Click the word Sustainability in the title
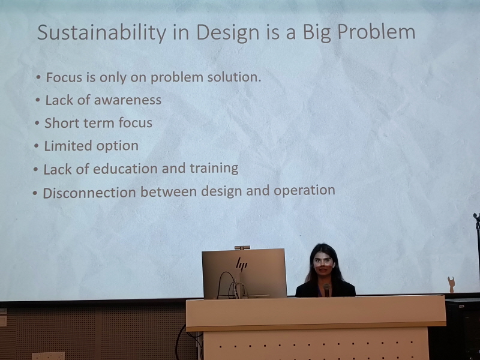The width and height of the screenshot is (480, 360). coord(101,32)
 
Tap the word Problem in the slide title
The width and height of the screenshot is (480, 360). coord(376,32)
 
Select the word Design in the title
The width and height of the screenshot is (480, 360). coord(228,33)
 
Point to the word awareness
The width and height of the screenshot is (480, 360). coord(128,100)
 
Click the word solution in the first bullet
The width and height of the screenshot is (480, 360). coord(234,77)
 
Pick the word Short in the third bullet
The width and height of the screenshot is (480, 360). coord(62,123)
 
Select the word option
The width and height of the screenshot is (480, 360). coord(117,146)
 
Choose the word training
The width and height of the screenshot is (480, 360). coord(214,169)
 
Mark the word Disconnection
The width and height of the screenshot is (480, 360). coord(89,193)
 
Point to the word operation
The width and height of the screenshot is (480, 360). coord(304,190)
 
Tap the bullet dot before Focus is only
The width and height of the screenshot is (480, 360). coord(38,77)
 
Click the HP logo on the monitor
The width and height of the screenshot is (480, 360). coord(242,264)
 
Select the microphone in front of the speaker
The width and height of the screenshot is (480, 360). coord(326,289)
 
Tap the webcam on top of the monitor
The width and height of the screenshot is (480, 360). coord(242,247)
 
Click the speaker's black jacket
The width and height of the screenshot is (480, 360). coord(325,290)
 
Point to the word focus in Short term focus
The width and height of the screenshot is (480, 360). coord(136,123)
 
